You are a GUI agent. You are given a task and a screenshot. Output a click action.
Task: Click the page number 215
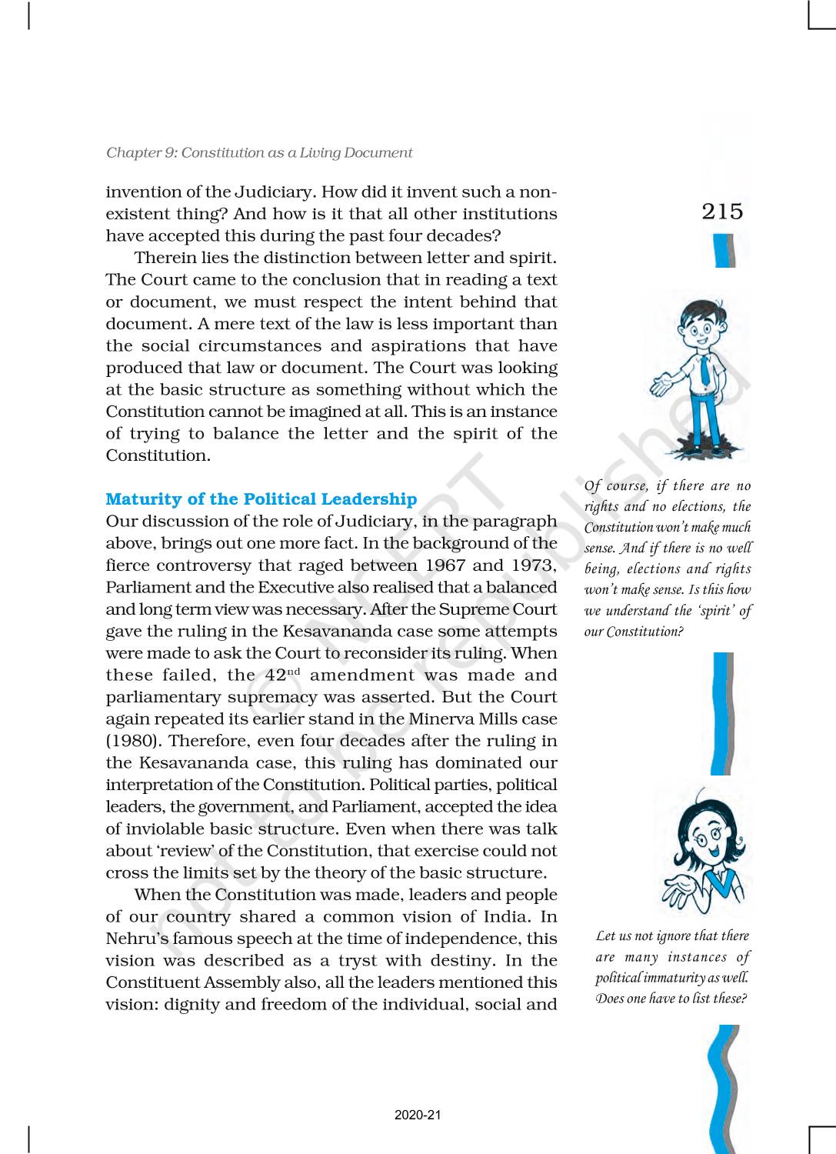point(722,212)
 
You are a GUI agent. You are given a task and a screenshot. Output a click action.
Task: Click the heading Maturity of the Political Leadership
point(261,499)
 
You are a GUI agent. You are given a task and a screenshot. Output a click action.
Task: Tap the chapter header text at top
point(259,152)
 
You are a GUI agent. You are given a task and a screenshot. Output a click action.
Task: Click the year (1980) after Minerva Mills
point(132,741)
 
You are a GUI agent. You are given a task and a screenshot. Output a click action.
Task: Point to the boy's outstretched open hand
point(661,384)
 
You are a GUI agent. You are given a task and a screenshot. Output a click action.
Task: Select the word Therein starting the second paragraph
point(163,258)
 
